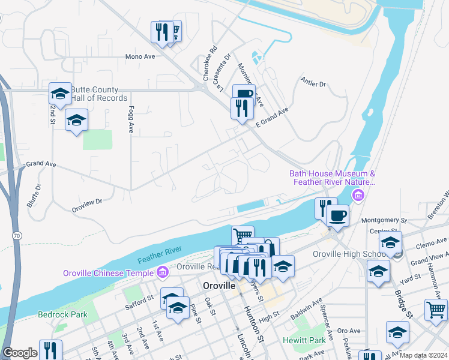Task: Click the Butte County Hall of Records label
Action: coord(99,94)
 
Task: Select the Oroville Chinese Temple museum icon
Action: coord(162,273)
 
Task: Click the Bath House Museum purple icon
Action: coord(358,194)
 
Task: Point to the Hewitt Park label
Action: coord(304,340)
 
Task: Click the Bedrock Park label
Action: coord(63,314)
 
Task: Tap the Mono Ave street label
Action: coord(140,56)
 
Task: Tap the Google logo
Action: coord(20,353)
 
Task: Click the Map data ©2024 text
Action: coord(424,355)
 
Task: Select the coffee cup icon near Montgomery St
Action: coord(338,215)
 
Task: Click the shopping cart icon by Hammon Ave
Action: coord(436,310)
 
